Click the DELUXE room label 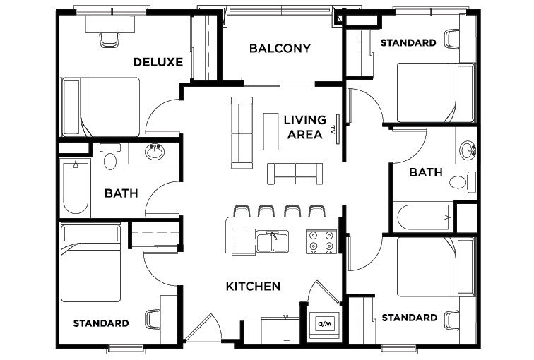(x=158, y=62)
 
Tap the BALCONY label (x=280, y=49)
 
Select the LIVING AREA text (x=305, y=127)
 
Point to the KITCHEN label (x=253, y=287)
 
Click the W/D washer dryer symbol (x=324, y=324)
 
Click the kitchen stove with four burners (x=322, y=241)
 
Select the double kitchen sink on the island (x=272, y=241)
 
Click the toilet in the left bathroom (x=109, y=159)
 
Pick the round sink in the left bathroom (x=154, y=152)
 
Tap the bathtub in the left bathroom (x=76, y=187)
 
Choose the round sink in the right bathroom (x=467, y=150)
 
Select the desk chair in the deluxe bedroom (x=109, y=39)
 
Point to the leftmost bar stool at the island (x=241, y=211)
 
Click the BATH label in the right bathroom (x=426, y=172)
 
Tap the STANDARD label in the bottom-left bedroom (x=101, y=323)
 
